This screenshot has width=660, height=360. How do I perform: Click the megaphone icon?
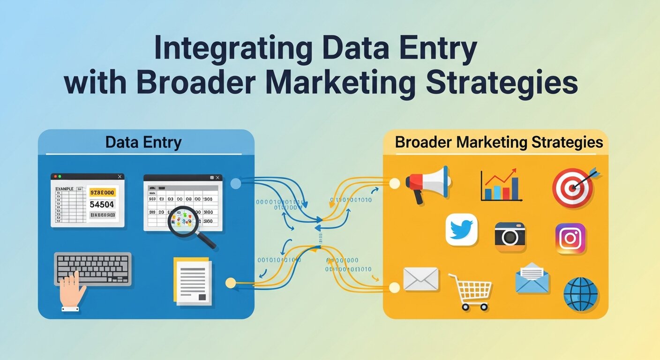point(427,183)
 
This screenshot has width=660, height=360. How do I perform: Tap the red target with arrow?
point(573,187)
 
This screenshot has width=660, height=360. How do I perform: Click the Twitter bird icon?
point(461,230)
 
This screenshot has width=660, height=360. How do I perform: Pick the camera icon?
point(510,234)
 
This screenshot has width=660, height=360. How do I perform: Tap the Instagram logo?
point(570,239)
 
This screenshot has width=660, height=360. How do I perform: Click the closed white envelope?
point(420,279)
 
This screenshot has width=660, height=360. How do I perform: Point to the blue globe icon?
point(581,294)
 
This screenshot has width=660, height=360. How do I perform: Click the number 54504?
point(101,204)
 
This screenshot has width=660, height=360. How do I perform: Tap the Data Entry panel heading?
point(143,142)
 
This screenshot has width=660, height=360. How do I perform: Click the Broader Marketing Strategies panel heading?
point(499,142)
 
